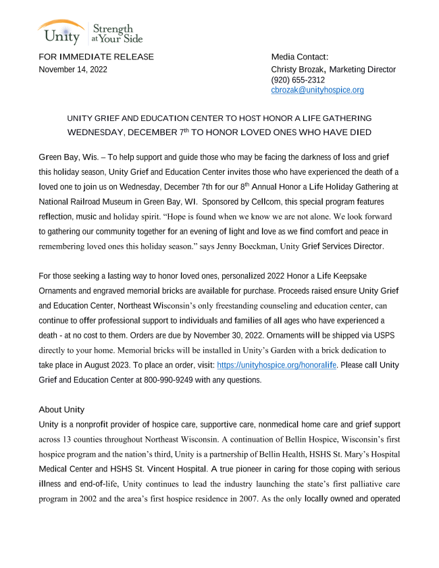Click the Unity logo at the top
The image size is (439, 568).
(60, 31)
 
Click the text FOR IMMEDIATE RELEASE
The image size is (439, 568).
(96, 57)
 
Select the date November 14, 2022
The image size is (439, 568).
(73, 70)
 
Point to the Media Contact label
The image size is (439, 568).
(299, 57)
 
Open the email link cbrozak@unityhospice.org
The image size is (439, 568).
(317, 90)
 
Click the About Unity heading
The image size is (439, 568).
(61, 409)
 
